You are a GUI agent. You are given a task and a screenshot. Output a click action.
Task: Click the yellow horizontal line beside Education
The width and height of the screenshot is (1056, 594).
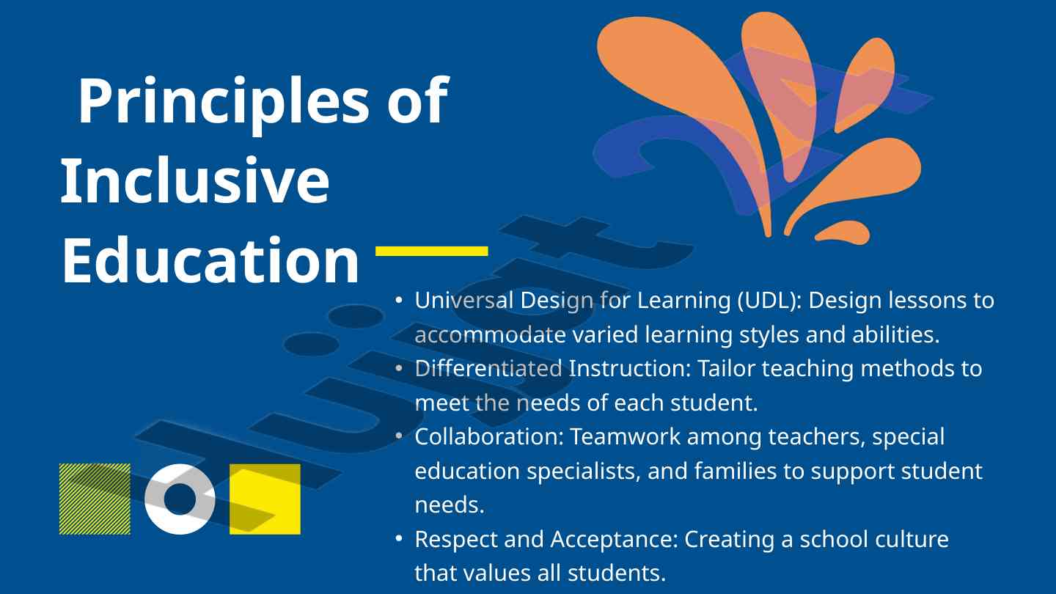(431, 251)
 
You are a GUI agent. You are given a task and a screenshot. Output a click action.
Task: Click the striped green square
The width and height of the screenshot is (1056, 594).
(95, 499)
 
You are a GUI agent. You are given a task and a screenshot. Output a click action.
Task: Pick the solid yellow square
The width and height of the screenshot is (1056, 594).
(265, 499)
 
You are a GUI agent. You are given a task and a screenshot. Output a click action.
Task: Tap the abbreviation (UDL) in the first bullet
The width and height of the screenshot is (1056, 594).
(769, 301)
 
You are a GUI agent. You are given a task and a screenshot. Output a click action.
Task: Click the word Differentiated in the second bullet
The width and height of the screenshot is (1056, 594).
(488, 369)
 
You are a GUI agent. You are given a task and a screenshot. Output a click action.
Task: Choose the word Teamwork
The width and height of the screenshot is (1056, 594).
(625, 437)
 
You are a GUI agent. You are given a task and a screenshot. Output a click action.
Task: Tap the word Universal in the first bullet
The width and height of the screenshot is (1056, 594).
(464, 301)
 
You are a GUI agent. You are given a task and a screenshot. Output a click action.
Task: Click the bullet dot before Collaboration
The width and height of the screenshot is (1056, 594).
(399, 436)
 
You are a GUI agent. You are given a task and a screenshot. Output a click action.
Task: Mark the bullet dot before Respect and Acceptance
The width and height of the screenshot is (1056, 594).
(399, 538)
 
